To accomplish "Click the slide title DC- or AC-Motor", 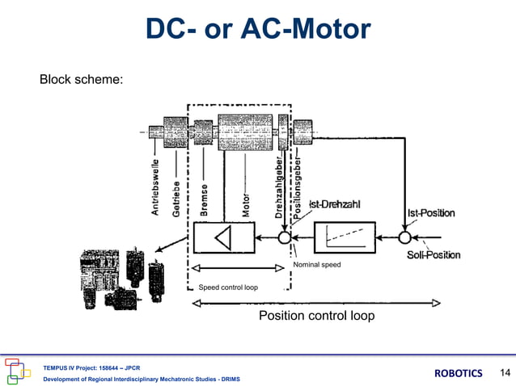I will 258,30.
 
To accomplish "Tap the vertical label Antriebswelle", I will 155,187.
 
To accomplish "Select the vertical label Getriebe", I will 176,197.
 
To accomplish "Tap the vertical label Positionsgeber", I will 297,184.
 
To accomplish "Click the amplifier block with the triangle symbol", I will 222,237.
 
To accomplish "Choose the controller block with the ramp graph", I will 344,237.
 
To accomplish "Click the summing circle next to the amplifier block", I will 284,238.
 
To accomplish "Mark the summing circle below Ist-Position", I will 404,237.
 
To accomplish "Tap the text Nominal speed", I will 317,265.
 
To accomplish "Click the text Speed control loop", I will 228,287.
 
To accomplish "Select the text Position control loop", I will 316,316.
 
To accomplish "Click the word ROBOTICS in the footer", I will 459,373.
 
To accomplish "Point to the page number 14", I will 505,372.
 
